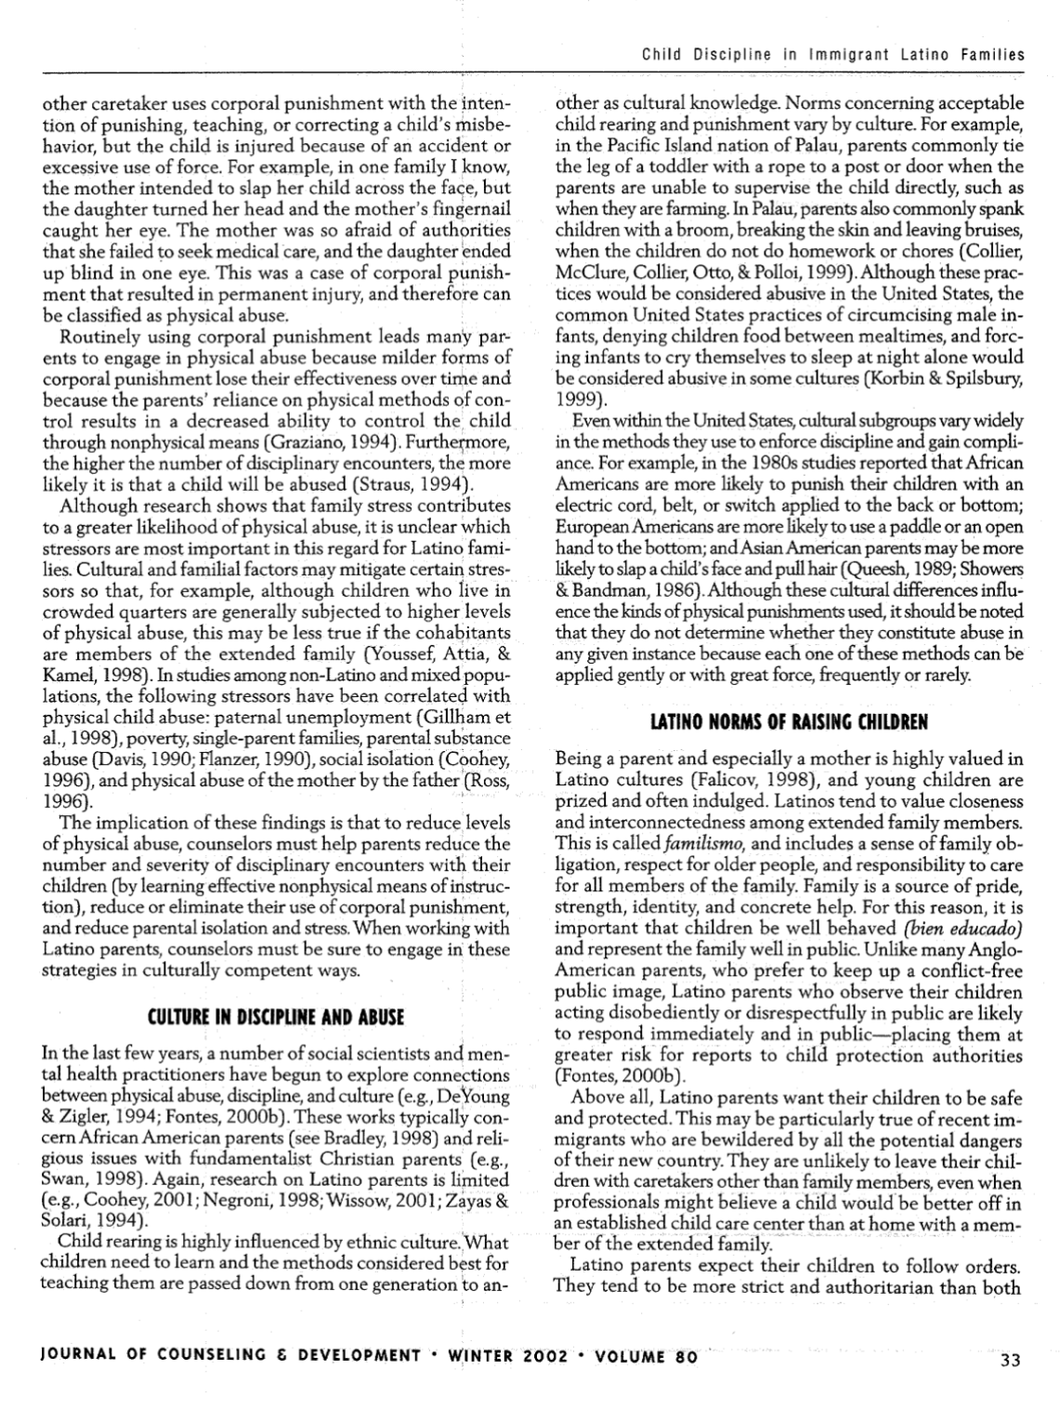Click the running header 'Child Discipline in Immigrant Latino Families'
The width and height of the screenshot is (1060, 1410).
tap(832, 55)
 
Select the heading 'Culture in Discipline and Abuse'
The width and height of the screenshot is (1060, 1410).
tap(276, 1018)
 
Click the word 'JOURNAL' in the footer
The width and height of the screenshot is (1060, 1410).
tap(76, 1356)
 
